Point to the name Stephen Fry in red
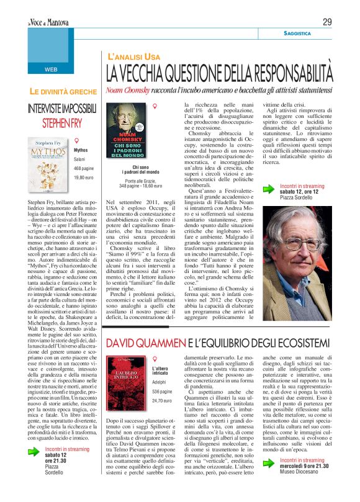[x=65, y=120]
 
